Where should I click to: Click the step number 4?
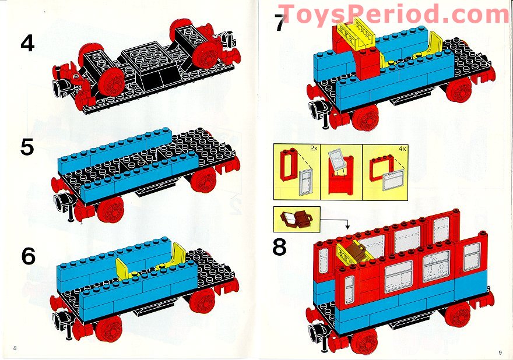click(27, 44)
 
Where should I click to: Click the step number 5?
click(27, 146)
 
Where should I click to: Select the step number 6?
click(27, 256)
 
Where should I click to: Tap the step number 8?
click(280, 246)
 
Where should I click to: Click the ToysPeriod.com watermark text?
click(393, 13)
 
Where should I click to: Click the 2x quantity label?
click(313, 149)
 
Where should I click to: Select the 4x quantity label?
click(402, 149)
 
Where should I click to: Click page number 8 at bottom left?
click(15, 348)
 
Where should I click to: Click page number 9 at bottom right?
click(500, 351)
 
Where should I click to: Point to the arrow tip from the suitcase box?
click(347, 227)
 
